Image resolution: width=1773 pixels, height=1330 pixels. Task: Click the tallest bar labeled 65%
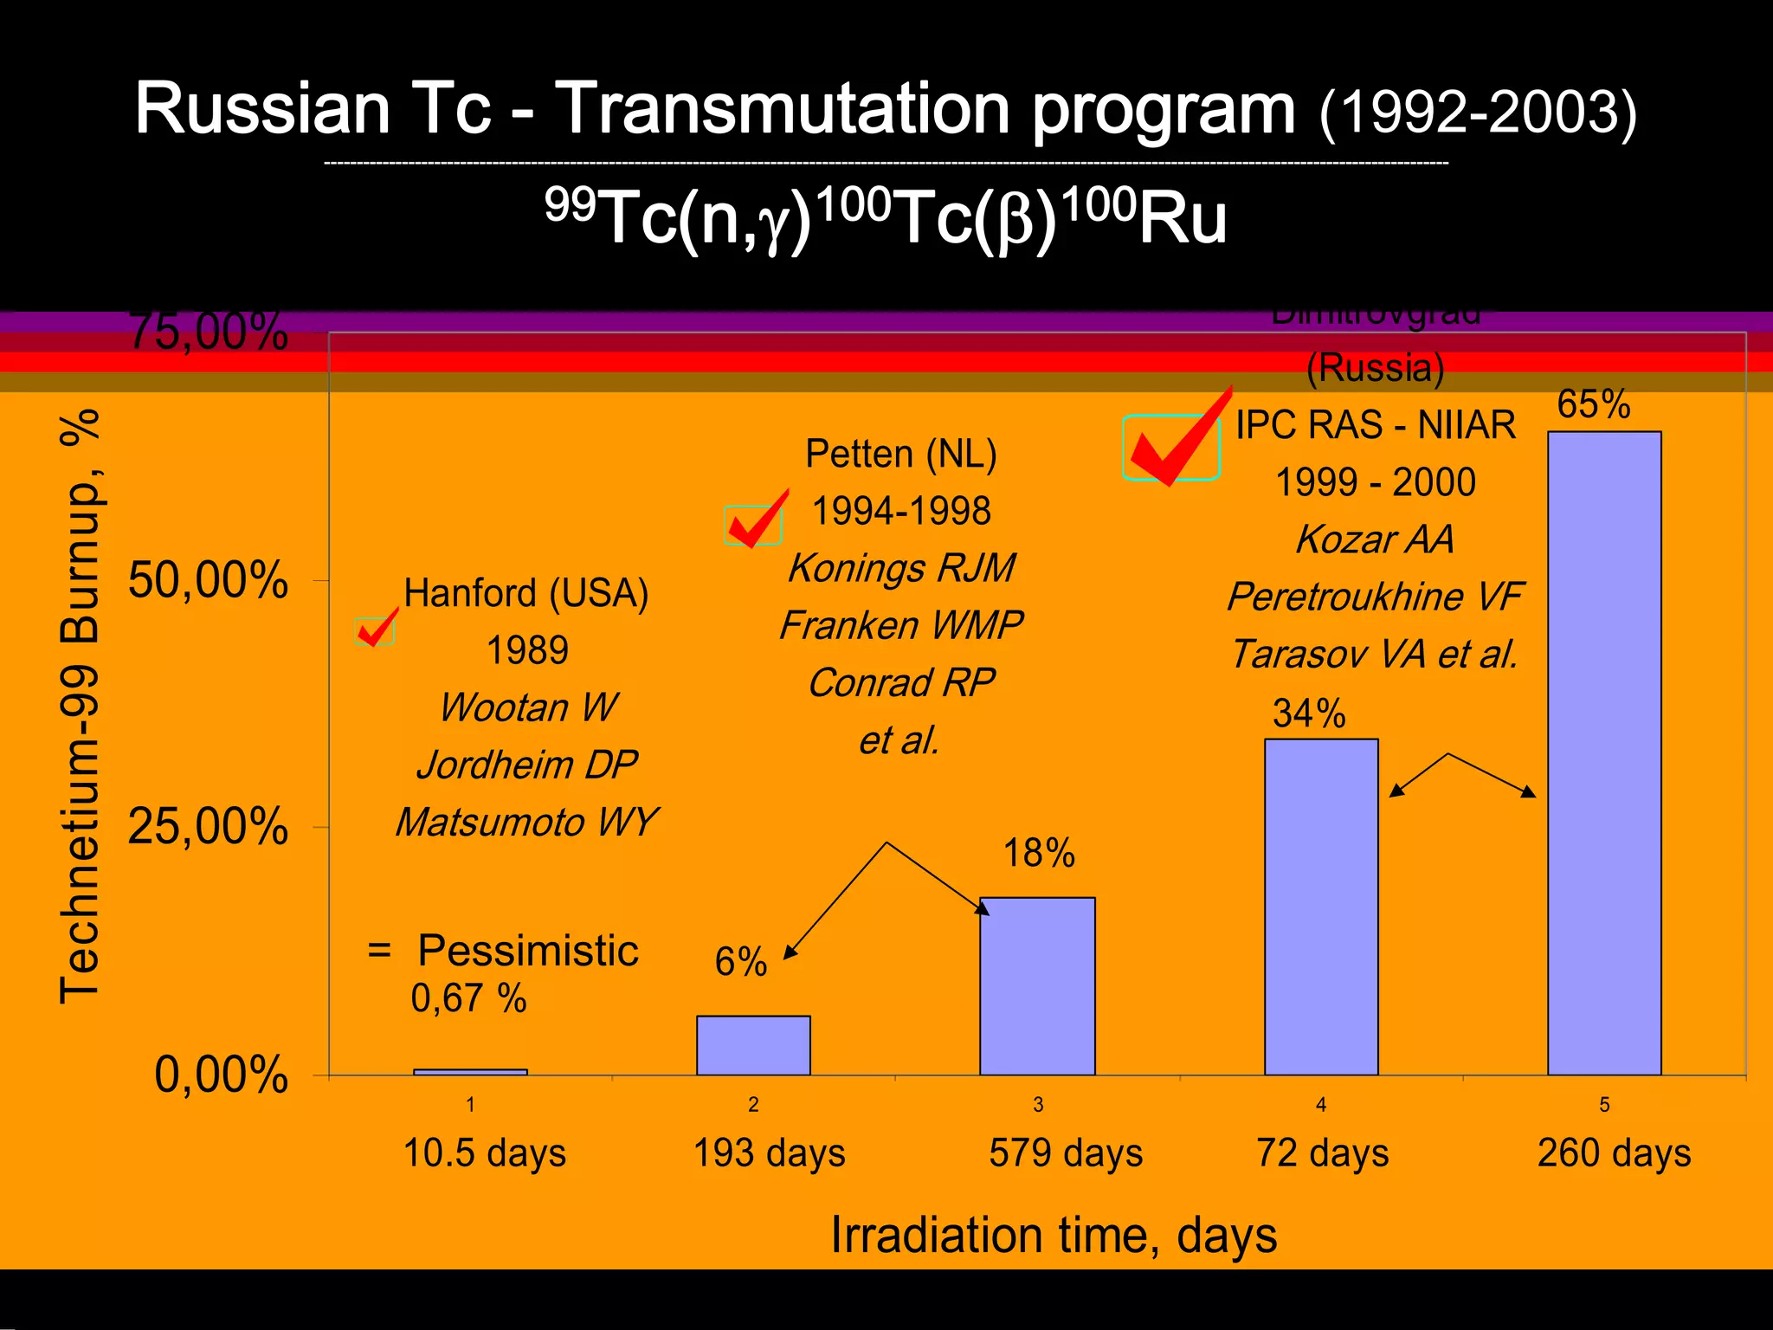(1604, 753)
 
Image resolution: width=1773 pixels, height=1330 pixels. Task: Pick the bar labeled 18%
(1037, 986)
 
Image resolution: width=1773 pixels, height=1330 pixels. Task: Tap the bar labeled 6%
(753, 1045)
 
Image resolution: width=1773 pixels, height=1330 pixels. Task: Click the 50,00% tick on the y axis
(208, 580)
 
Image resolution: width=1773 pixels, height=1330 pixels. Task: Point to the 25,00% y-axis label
(208, 827)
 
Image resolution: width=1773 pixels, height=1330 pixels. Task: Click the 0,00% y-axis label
(221, 1075)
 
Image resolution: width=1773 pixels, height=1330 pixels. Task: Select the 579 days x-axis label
(1066, 1153)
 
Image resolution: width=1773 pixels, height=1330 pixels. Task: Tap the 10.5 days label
(485, 1153)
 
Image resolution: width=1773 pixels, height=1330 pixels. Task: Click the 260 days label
(1614, 1153)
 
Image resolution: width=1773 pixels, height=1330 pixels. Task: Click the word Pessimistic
(527, 951)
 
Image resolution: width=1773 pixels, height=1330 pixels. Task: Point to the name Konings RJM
(901, 569)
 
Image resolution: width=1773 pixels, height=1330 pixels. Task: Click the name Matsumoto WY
(526, 823)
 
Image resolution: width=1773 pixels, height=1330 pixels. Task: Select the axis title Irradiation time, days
(1054, 1235)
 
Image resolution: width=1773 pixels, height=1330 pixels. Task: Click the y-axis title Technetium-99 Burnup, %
(80, 706)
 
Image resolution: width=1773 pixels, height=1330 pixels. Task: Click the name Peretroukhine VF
(1375, 597)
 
